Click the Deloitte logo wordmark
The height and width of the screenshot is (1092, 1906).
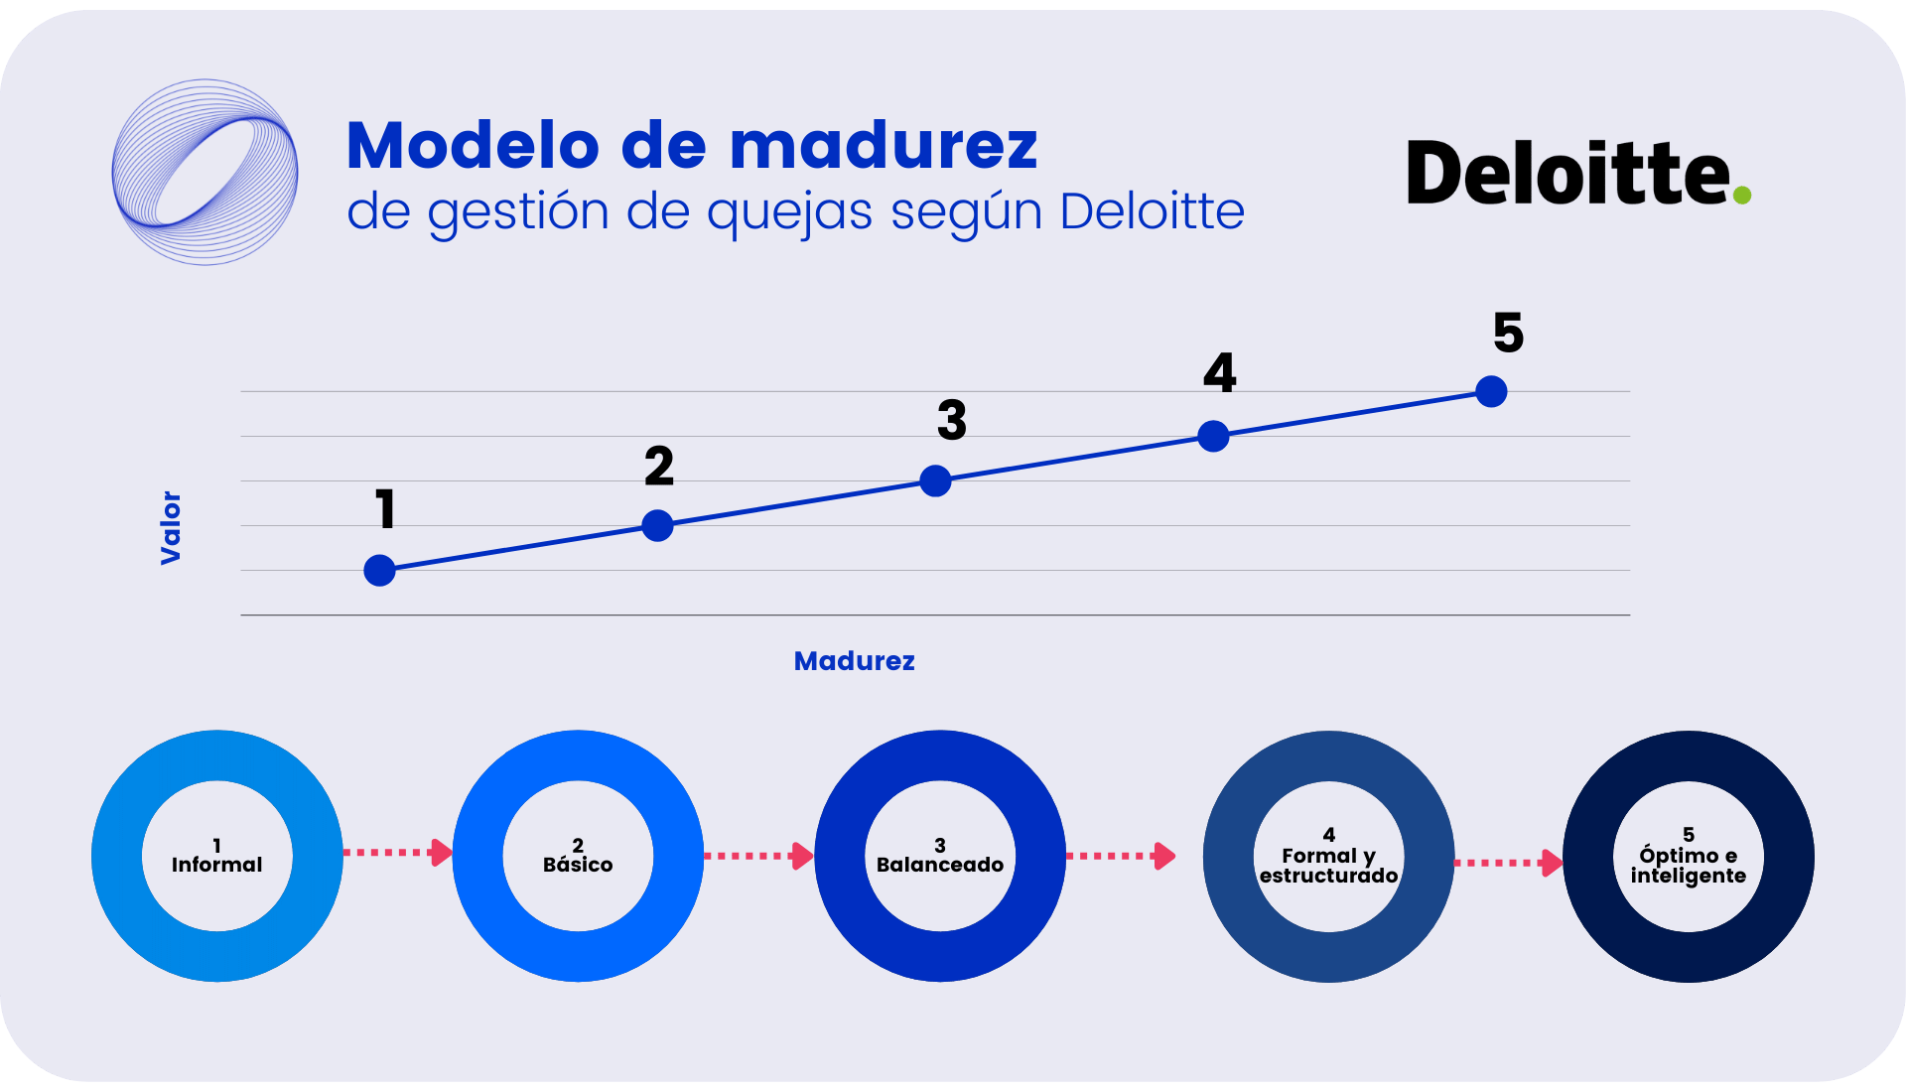click(x=1567, y=174)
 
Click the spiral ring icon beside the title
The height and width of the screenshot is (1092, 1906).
click(x=204, y=172)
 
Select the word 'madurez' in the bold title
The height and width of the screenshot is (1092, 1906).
click(x=883, y=146)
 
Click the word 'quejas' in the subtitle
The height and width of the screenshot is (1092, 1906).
click(x=789, y=212)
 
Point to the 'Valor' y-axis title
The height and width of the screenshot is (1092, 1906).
click(x=171, y=527)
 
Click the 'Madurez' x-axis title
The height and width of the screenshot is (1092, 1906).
click(x=854, y=661)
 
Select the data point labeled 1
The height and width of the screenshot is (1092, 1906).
click(x=379, y=570)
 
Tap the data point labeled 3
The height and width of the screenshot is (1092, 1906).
click(x=935, y=480)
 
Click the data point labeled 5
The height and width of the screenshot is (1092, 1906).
click(x=1491, y=391)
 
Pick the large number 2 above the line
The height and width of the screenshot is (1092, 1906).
click(x=658, y=466)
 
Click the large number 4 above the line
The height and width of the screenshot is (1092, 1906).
click(x=1219, y=373)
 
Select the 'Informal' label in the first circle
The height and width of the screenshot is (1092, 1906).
click(x=216, y=865)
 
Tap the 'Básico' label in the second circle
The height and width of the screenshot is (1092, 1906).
click(x=578, y=865)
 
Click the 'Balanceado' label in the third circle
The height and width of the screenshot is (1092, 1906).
click(x=939, y=865)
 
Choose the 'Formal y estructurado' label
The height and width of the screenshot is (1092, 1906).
click(x=1328, y=865)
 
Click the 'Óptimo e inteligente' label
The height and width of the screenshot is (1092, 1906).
click(x=1688, y=865)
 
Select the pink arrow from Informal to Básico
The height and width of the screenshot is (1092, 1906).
click(x=397, y=853)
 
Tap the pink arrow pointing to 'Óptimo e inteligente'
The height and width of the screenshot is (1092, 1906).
click(x=1508, y=863)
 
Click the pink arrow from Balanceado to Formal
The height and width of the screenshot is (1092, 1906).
click(x=1120, y=856)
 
